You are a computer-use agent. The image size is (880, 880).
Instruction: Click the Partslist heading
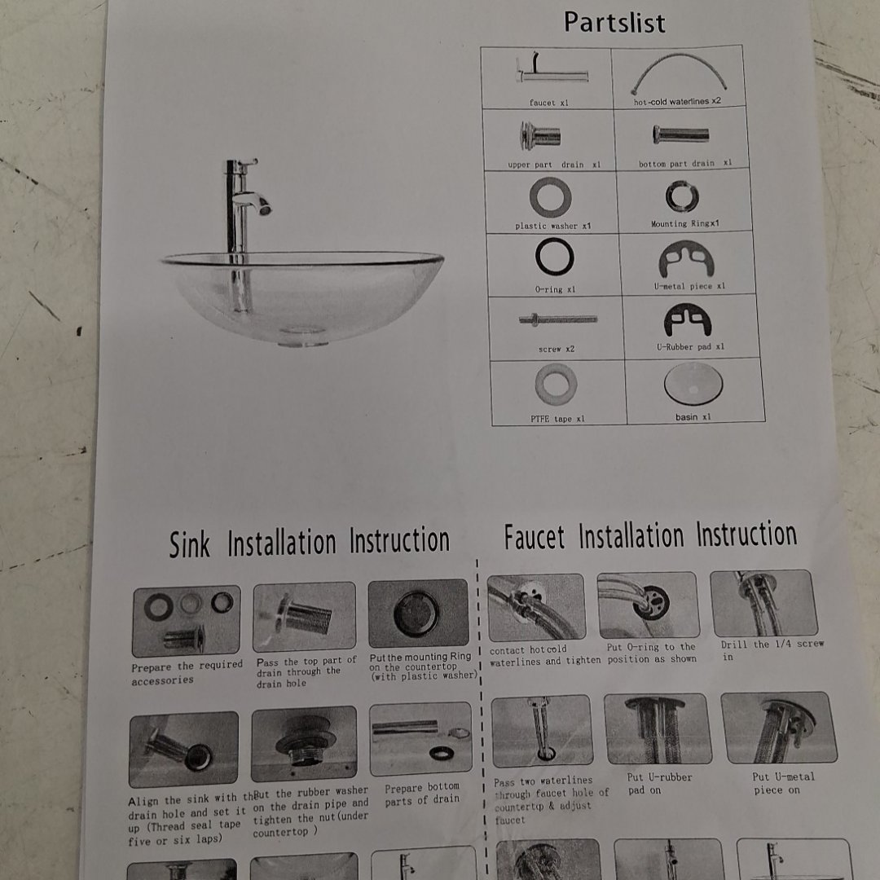(614, 23)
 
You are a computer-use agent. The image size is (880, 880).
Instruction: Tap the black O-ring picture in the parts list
(555, 257)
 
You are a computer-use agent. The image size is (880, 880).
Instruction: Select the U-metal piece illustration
(686, 259)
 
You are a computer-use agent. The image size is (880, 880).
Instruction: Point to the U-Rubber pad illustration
(688, 321)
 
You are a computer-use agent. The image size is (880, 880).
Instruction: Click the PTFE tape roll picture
(556, 385)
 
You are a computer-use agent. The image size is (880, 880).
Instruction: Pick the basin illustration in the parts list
(693, 384)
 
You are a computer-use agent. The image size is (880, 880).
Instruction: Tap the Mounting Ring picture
(682, 196)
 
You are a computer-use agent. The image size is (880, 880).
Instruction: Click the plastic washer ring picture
(550, 197)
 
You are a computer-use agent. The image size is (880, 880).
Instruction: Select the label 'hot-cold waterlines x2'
(677, 102)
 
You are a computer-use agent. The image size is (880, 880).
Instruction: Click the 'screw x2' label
(557, 349)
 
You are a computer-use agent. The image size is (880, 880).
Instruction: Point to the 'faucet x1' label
(548, 103)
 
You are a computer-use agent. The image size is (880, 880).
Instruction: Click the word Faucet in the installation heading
(534, 537)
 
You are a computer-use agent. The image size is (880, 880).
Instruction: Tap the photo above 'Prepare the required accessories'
(187, 621)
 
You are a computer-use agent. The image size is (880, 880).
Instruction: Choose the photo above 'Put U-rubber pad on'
(658, 728)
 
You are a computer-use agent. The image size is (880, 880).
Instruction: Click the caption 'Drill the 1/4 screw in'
(772, 650)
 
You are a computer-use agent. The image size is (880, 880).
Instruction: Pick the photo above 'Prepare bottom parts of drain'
(421, 739)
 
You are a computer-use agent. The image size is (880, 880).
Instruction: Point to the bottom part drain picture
(680, 134)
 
